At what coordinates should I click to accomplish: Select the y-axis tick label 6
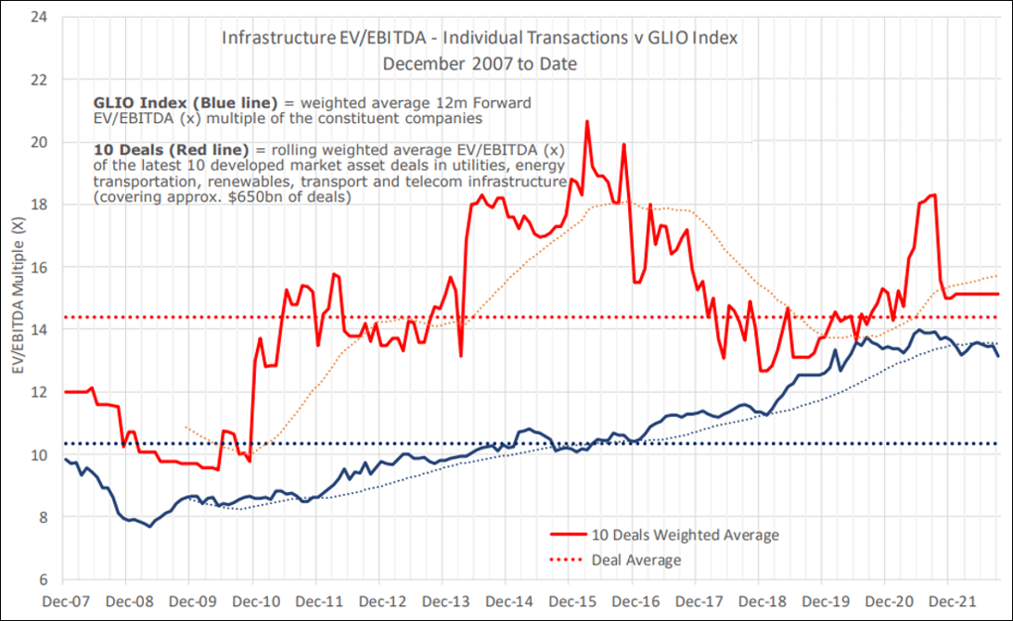coord(42,579)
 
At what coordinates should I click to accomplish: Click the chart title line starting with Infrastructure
coord(480,39)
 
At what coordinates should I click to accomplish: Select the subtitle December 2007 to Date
coord(480,63)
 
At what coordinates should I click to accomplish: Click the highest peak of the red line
coord(587,121)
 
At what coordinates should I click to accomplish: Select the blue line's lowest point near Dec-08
coord(150,526)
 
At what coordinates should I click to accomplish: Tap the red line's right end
coord(998,294)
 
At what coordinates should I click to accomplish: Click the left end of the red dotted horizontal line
coord(65,318)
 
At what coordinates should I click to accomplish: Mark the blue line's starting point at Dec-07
coord(65,459)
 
